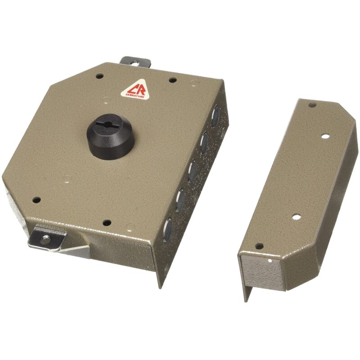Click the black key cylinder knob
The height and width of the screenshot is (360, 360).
(110, 136)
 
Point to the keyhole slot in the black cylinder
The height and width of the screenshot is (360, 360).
(110, 123)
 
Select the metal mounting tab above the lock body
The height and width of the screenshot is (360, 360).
(135, 62)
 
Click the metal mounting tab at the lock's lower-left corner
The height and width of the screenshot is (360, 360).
(47, 239)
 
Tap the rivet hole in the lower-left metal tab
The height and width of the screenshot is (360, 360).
(45, 239)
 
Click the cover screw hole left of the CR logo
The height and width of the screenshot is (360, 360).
(99, 76)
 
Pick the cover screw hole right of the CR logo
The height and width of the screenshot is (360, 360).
(173, 81)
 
